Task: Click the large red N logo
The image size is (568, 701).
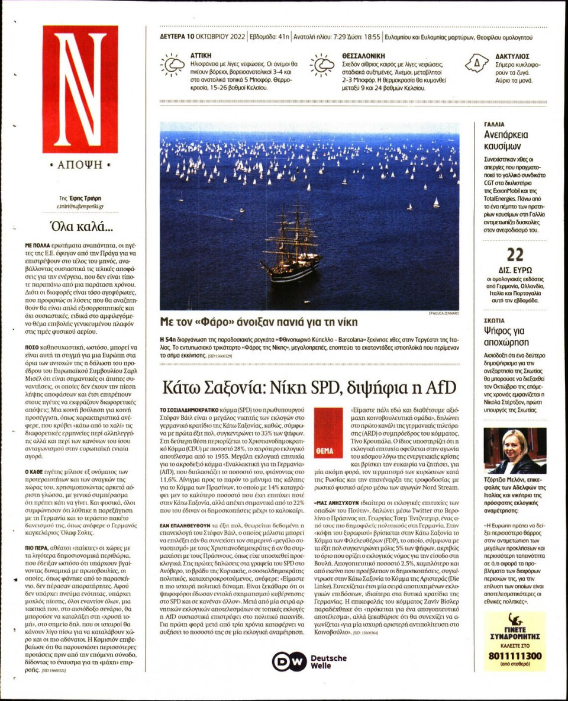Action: point(80,89)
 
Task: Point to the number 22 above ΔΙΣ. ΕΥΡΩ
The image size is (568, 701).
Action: point(515,255)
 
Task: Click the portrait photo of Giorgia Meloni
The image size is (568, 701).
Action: point(514,451)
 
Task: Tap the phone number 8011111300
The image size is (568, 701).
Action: point(515,656)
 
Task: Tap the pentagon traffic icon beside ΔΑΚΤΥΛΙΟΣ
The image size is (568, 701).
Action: point(476,63)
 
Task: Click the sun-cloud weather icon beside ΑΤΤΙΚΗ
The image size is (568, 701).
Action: point(172,65)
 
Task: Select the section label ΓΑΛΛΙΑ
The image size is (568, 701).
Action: point(494,125)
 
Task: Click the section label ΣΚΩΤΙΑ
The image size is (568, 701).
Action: point(495,319)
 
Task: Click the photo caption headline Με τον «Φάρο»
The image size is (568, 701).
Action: point(259,322)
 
